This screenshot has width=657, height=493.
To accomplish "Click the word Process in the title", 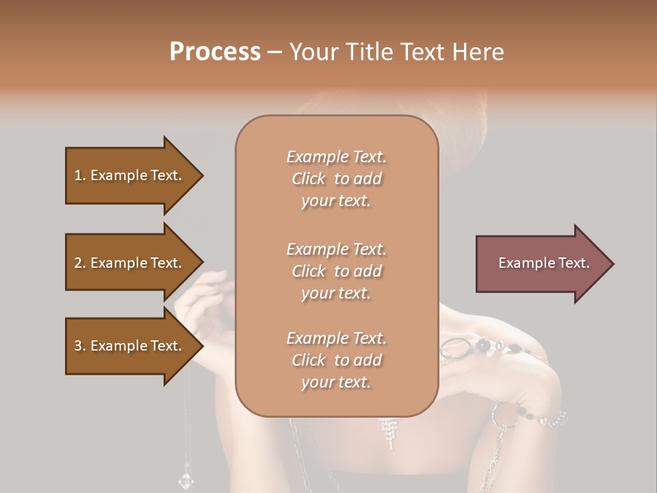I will click(215, 52).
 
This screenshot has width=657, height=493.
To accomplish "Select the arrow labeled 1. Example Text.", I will click(130, 175).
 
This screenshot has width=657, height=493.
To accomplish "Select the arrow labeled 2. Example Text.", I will click(130, 263).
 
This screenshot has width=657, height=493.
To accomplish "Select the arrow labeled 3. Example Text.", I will click(130, 346).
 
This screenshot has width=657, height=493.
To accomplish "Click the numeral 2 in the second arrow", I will click(78, 263).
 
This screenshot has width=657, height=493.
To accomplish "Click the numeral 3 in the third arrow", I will click(78, 346).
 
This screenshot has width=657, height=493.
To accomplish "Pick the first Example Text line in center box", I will click(336, 157).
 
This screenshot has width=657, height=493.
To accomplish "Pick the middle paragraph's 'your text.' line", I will click(336, 293).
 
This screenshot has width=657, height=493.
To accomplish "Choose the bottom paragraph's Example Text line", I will click(336, 338).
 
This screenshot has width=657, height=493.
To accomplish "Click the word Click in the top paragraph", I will click(309, 179).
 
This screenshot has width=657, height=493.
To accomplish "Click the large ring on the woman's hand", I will click(454, 349).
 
